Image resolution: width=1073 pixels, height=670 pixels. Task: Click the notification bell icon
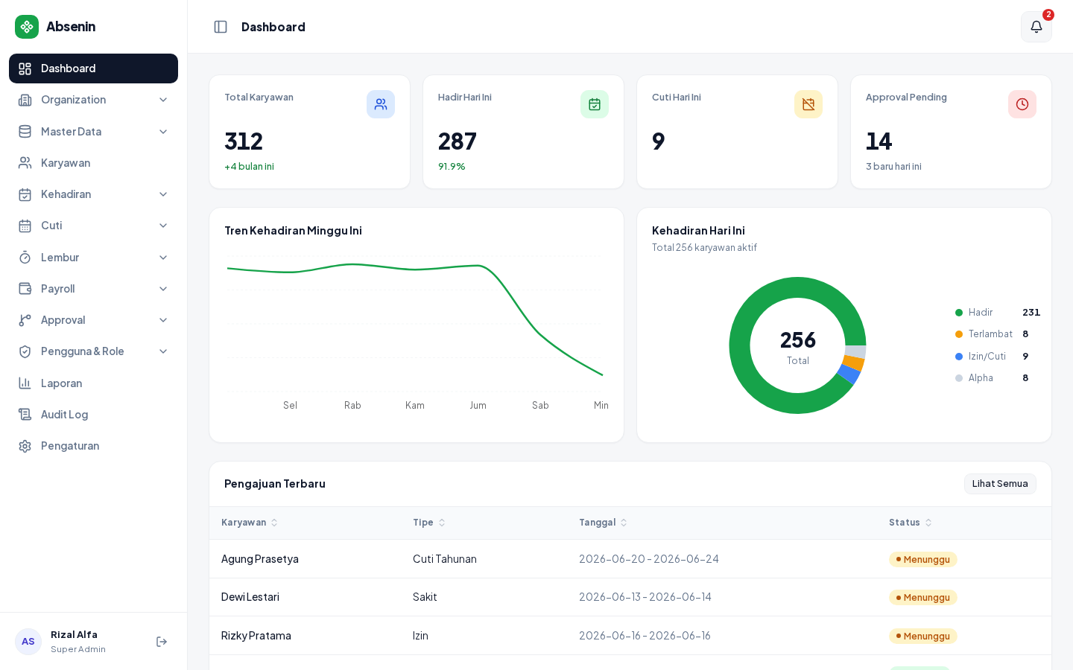(x=1036, y=27)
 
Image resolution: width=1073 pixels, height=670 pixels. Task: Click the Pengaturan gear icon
(x=25, y=446)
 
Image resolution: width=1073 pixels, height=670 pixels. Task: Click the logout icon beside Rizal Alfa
(x=162, y=642)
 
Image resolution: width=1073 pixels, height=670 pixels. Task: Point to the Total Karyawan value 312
(x=244, y=141)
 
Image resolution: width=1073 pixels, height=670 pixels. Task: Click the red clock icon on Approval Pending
(x=1022, y=104)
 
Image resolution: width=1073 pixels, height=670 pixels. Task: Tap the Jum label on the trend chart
(x=478, y=405)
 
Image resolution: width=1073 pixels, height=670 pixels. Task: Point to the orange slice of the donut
(x=854, y=363)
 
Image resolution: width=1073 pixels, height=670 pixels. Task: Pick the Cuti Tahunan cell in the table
(x=445, y=559)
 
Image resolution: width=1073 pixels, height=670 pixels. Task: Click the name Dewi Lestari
(x=250, y=597)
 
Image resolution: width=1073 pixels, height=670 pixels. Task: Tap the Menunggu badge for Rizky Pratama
(x=922, y=636)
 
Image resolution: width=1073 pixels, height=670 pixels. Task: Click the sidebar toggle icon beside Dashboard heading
(x=221, y=27)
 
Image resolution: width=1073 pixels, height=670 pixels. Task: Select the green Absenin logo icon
(x=27, y=27)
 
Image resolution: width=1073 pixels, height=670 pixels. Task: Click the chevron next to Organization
(x=163, y=100)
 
